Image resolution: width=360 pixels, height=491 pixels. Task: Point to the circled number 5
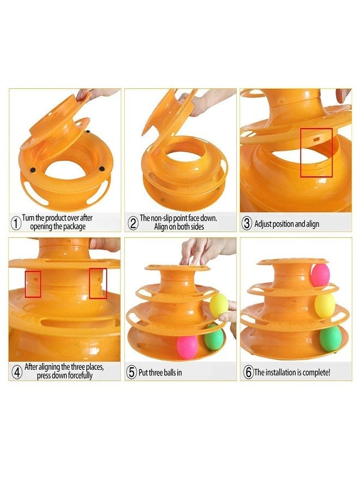tap(131, 372)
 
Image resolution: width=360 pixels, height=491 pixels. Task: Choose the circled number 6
tap(248, 373)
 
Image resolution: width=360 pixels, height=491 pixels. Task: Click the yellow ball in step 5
tap(219, 305)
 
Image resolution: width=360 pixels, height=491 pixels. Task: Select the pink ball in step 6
tap(320, 274)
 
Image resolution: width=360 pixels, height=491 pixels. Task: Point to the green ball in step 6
tap(330, 338)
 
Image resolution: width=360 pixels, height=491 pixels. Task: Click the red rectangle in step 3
tap(316, 152)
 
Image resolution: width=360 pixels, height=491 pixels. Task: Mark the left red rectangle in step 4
tap(33, 284)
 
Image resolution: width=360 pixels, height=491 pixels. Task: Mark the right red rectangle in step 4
tap(98, 283)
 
